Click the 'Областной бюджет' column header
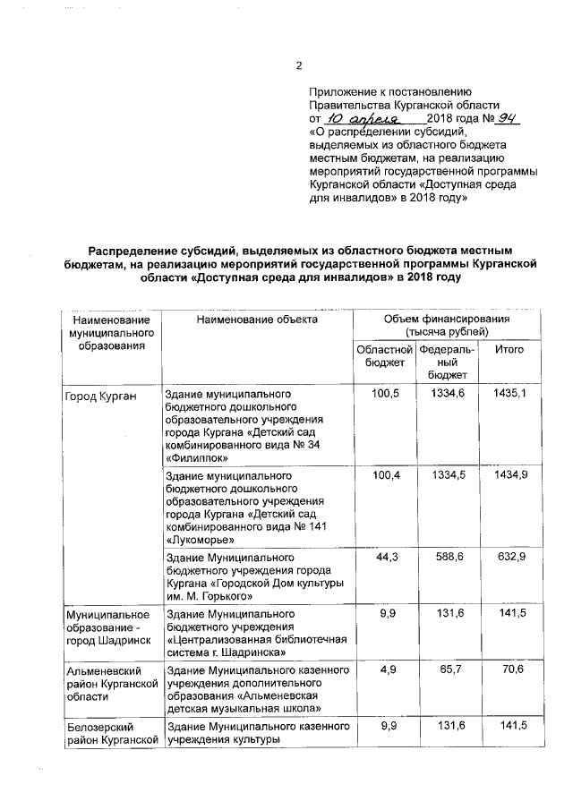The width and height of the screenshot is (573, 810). [384, 355]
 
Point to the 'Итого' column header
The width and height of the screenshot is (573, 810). [509, 349]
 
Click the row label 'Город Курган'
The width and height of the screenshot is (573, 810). [99, 395]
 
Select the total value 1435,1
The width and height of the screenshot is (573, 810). [509, 394]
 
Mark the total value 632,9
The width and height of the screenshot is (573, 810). [509, 557]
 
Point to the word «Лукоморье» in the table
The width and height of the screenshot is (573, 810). [201, 540]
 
